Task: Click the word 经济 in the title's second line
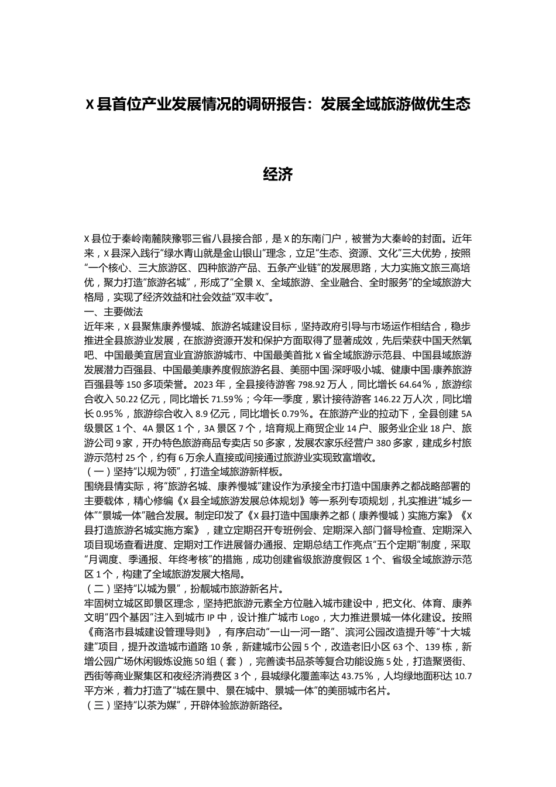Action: click(x=278, y=174)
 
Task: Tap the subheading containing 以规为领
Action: click(x=184, y=471)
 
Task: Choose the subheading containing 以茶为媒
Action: click(x=184, y=706)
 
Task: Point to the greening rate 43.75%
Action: click(x=361, y=676)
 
